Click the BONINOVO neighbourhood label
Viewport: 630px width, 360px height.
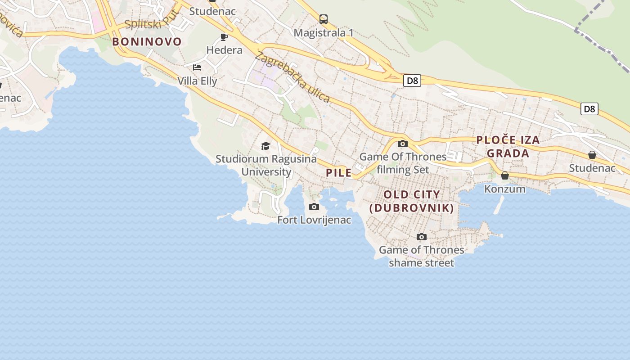coord(147,42)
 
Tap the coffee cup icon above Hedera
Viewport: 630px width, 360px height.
coord(224,37)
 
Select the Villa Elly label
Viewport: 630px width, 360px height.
coord(197,81)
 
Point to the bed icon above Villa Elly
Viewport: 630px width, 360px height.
coord(197,67)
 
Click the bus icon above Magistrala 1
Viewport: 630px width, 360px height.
coord(324,19)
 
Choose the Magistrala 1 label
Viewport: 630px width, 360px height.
coord(324,33)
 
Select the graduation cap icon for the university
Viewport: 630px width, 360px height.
coord(265,146)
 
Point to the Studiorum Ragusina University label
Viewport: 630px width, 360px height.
coord(266,165)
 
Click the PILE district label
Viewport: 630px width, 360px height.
coord(339,172)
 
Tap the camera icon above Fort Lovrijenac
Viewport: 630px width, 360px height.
coord(314,207)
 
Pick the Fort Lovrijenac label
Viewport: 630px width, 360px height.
coord(314,220)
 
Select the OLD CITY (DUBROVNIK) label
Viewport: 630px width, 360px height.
coord(411,201)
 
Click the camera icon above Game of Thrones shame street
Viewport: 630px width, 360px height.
coord(422,237)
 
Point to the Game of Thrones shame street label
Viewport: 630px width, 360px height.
coord(422,256)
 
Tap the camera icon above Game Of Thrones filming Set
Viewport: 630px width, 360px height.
coord(403,144)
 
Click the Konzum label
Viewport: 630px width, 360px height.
coord(505,189)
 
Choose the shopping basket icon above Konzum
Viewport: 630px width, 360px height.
coord(505,175)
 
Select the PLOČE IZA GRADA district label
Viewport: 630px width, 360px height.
coord(508,147)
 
